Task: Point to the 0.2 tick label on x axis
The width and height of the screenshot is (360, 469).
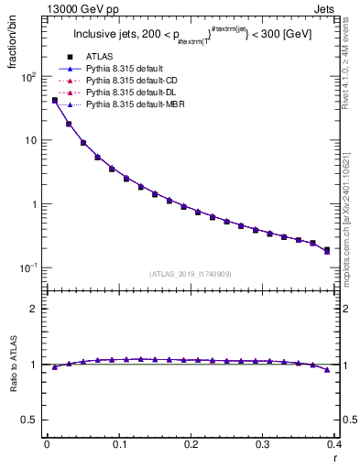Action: click(x=190, y=443)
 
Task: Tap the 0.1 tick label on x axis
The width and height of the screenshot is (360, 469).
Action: click(x=118, y=443)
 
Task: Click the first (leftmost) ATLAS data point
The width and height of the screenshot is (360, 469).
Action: click(x=54, y=101)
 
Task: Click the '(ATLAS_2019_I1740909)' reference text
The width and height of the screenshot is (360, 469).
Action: click(x=190, y=274)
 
